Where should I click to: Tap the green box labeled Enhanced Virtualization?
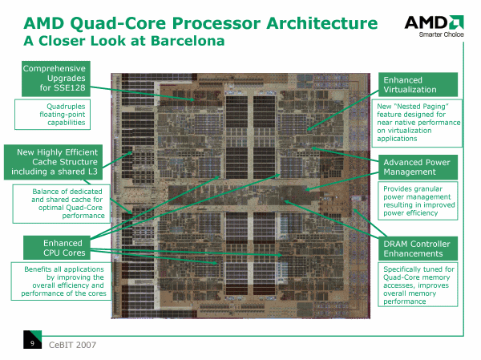click(417, 85)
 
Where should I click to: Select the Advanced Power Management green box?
click(417, 167)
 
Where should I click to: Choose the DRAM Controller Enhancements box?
click(417, 249)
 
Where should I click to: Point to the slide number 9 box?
click(31, 344)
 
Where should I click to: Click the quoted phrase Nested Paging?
click(417, 106)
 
